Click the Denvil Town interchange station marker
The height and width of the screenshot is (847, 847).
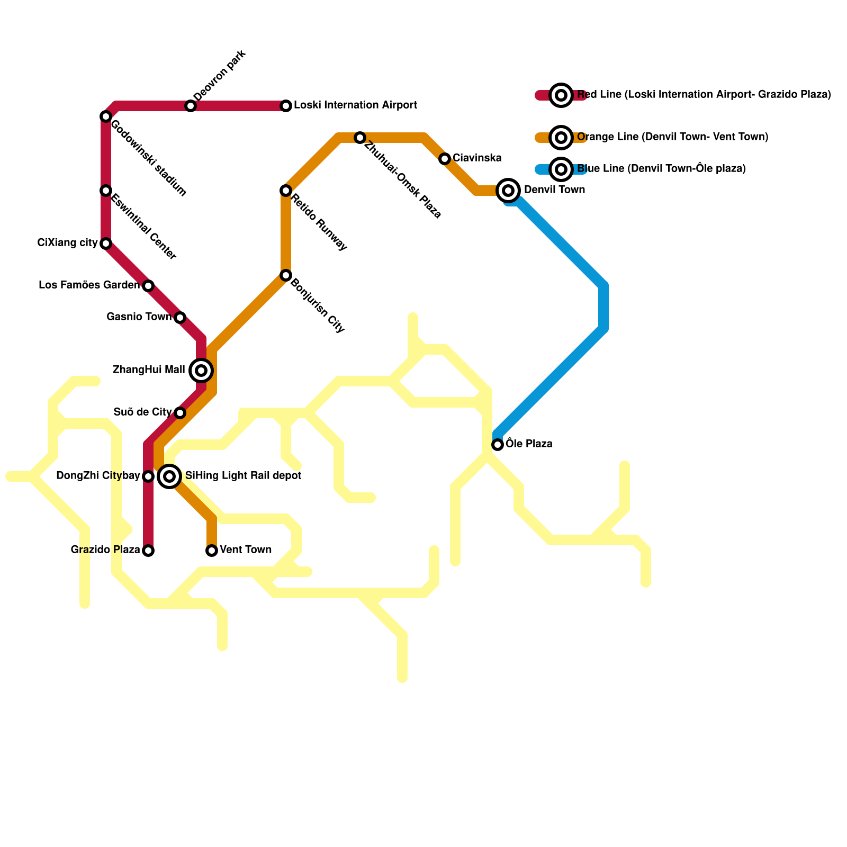[508, 191]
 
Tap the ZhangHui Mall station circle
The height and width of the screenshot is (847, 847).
[201, 371]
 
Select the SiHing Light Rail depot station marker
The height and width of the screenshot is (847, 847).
[169, 476]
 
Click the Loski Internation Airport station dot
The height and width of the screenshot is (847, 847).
[286, 106]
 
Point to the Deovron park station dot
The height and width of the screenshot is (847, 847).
[191, 106]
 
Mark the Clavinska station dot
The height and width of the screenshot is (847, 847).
[445, 159]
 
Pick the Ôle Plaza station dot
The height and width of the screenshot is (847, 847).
[498, 445]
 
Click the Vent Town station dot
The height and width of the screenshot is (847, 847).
[212, 551]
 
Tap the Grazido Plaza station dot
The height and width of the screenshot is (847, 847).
[148, 551]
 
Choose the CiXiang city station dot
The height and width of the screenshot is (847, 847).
[106, 244]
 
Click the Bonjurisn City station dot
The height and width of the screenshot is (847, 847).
[286, 275]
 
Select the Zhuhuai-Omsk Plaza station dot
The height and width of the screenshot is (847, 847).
[360, 138]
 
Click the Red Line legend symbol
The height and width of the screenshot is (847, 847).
[561, 95]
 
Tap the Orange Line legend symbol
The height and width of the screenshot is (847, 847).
[561, 138]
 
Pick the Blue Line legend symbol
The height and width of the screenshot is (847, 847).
[561, 169]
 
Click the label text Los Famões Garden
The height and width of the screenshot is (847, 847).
[89, 285]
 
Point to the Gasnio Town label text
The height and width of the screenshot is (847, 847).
[139, 317]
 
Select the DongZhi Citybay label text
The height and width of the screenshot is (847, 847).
[98, 476]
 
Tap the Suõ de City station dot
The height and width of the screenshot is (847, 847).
[180, 413]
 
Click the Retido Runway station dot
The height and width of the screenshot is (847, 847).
[286, 191]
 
